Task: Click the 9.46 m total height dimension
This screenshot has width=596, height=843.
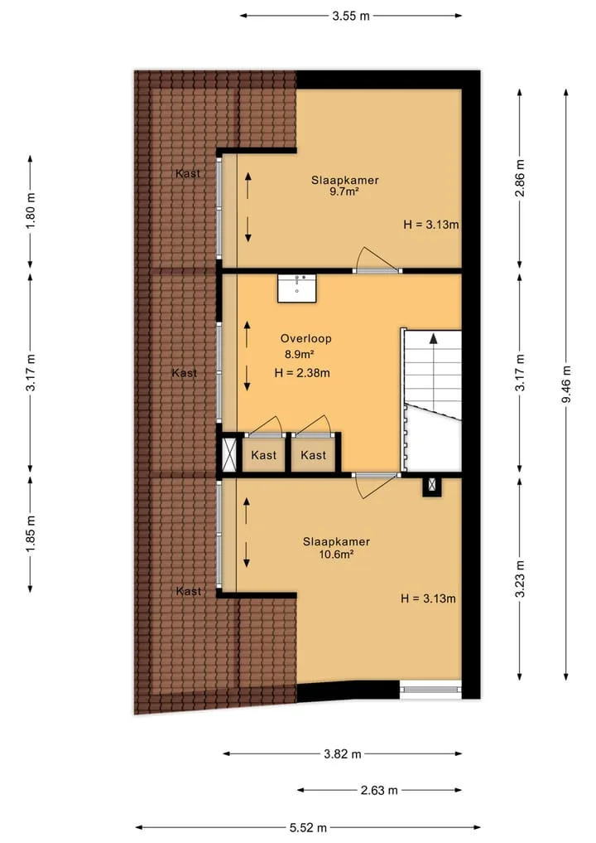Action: tap(566, 385)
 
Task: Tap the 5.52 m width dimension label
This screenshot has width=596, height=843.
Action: tap(308, 827)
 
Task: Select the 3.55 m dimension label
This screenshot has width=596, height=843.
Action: tap(351, 16)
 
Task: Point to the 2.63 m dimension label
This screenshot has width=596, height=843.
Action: tap(379, 790)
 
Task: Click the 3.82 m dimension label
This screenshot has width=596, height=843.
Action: tap(343, 753)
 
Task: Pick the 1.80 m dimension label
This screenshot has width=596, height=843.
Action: tap(31, 211)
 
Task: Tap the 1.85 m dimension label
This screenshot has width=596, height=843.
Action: tap(31, 533)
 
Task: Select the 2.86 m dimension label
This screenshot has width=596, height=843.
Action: tap(520, 178)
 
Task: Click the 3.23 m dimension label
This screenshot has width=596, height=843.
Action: tap(520, 579)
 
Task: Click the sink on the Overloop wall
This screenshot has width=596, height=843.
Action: tap(297, 288)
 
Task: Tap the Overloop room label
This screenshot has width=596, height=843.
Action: tap(306, 338)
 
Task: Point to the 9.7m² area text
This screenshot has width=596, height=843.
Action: tap(344, 191)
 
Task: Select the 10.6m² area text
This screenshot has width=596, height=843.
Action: tap(336, 555)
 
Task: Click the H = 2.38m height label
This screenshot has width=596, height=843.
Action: tap(302, 372)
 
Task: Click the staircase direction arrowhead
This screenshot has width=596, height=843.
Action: tap(433, 338)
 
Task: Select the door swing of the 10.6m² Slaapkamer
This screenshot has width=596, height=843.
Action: tap(377, 486)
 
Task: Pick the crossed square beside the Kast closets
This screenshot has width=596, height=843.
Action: tap(229, 454)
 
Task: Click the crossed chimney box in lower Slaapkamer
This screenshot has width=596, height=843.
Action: tap(432, 486)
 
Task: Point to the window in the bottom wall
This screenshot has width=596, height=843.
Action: tap(430, 690)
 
